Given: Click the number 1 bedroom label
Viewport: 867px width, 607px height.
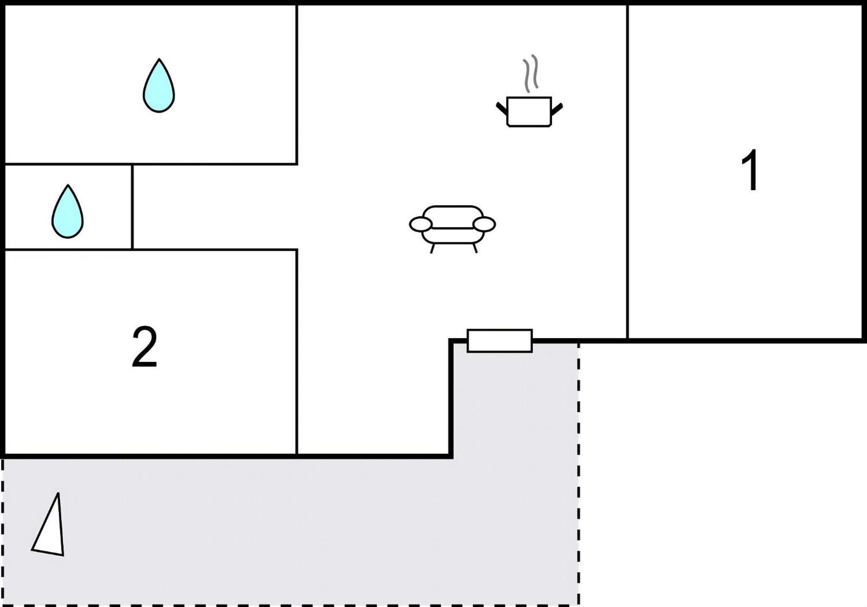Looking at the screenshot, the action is pos(750,170).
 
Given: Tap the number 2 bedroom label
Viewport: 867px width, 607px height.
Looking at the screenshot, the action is pos(144,347).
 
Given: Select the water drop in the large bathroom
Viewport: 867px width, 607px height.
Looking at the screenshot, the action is pos(159,85).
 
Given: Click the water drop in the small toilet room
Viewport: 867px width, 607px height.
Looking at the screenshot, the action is pos(68,212).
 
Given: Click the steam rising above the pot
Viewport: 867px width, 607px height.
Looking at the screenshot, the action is pos(531,74).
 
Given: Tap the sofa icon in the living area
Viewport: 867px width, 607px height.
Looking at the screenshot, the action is pos(453,229).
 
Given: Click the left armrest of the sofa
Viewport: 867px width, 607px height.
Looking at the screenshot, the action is pos(420,225).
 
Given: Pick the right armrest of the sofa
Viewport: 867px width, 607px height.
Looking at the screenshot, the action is pos(484,224).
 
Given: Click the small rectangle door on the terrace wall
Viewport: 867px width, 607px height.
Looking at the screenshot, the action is pos(499,341).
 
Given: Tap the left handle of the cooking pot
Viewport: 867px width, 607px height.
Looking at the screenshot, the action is pos(502,108).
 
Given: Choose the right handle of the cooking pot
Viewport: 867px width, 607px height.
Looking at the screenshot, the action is pos(557,109).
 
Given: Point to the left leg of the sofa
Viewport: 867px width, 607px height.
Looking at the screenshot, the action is pos(433,248).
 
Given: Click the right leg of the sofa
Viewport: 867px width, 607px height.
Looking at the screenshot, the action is pos(475,248).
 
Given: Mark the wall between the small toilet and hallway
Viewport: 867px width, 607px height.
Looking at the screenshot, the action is pos(132,207).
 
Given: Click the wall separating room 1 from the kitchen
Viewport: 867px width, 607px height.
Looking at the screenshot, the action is pos(627,172).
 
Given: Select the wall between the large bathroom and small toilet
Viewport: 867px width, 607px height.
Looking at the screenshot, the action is pos(68,164).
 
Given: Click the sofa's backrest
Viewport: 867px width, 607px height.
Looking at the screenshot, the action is pos(453,216).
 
